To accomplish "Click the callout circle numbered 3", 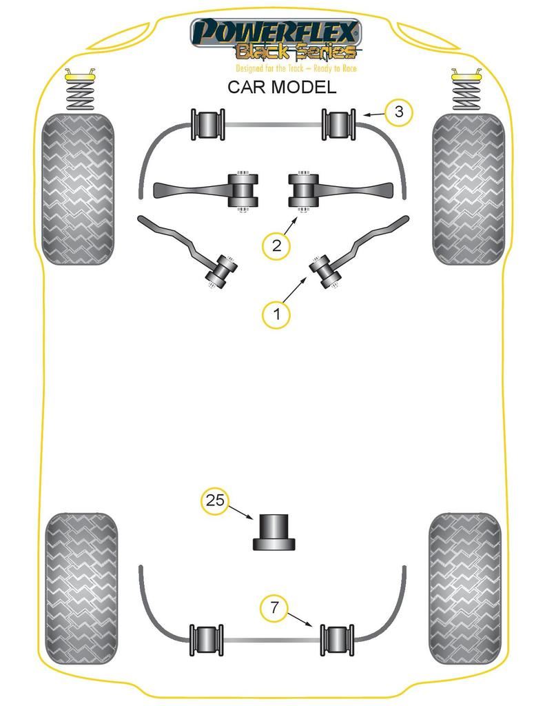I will click(398, 112).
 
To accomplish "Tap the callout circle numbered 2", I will click(276, 245).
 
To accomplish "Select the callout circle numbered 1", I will click(276, 315).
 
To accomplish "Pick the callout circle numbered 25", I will click(216, 501).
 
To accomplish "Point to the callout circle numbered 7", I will click(274, 607).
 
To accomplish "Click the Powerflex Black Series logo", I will click(276, 41).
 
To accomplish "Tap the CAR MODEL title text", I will click(282, 88).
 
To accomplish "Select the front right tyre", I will click(466, 185).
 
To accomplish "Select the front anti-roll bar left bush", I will click(207, 124).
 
